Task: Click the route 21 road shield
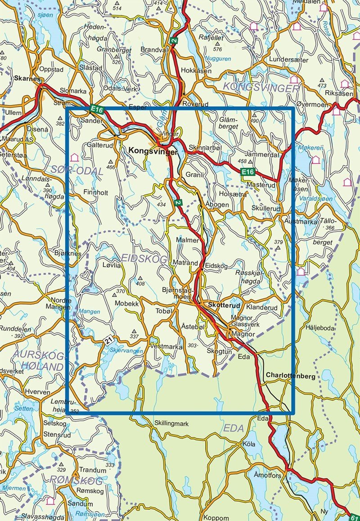coord(108,341)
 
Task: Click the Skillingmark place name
coord(171,424)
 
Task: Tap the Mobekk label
coord(126,304)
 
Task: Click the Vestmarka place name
coord(167,347)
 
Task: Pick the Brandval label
coord(154,49)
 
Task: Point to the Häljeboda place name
coord(320,328)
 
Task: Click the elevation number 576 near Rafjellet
coord(218,49)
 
